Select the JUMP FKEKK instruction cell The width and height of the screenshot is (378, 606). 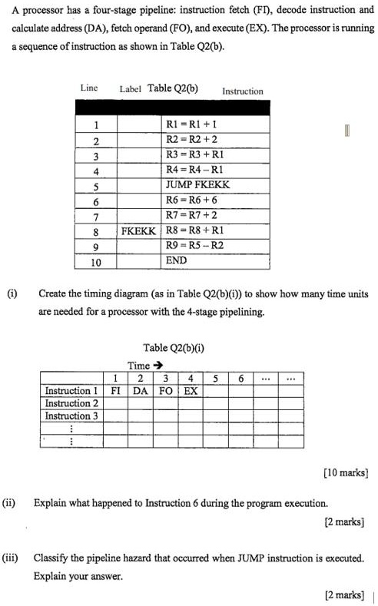[x=197, y=185]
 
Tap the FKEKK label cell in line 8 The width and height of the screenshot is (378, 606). [x=138, y=230]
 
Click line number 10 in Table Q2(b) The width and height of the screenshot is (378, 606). [x=96, y=261]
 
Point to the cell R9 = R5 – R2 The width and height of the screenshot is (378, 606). [x=195, y=246]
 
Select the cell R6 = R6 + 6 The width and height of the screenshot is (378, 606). [x=195, y=200]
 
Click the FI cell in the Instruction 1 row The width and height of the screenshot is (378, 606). [x=114, y=390]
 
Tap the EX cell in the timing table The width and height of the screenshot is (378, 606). [x=191, y=390]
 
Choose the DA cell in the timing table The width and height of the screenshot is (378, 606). [x=140, y=390]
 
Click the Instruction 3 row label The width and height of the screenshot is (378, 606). [x=71, y=416]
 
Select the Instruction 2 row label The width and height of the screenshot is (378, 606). [x=71, y=403]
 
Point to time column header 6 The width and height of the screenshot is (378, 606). [x=240, y=378]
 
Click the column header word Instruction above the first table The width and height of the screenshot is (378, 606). [x=242, y=91]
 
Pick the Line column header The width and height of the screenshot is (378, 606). [x=88, y=88]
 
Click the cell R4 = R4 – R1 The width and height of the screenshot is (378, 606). [x=195, y=170]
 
